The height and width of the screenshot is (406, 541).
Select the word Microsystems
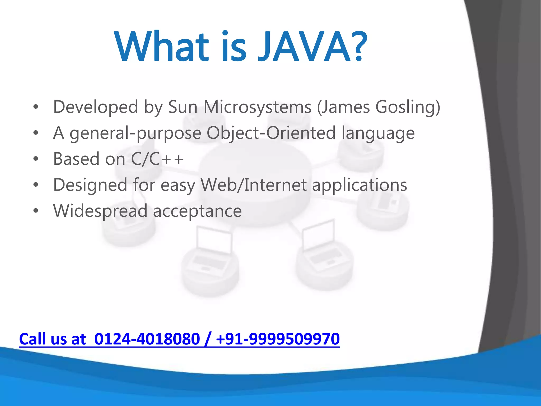[x=258, y=107]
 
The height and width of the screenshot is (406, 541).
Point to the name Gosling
[x=408, y=107]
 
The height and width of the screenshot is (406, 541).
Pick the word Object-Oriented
[x=271, y=133]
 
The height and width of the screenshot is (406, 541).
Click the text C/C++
[x=157, y=159]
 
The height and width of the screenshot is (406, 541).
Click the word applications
[x=360, y=185]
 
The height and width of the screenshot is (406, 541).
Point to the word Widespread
[x=100, y=211]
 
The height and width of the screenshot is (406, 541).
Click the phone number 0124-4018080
[x=147, y=339]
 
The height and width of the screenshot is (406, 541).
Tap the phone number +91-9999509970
[x=278, y=339]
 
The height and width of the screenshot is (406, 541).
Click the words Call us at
[x=53, y=339]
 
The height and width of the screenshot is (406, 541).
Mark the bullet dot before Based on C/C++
[x=36, y=159]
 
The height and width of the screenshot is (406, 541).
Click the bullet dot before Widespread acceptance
[x=36, y=211]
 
